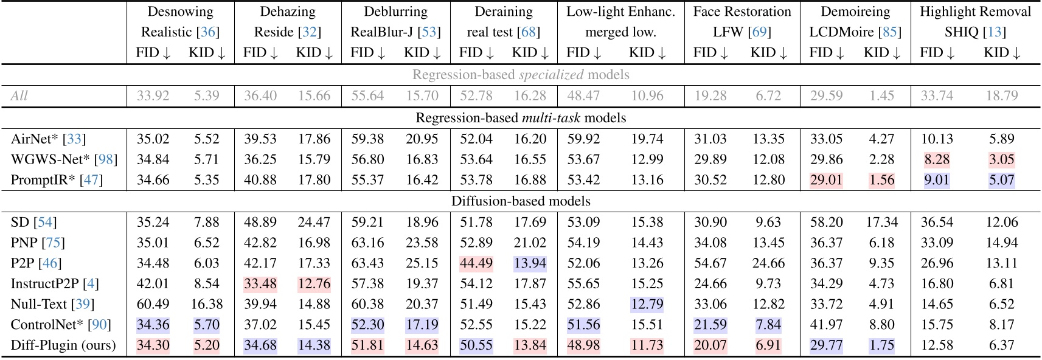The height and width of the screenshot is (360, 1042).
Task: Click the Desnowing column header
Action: tap(181, 12)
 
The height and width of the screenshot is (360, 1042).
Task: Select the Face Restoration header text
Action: tap(742, 12)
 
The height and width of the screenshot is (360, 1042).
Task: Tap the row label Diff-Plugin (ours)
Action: tap(63, 345)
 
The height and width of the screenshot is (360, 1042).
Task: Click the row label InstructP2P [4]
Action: tap(55, 283)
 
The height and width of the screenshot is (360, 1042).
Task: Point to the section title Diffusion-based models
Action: tap(521, 201)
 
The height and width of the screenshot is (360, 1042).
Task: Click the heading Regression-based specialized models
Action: tap(521, 75)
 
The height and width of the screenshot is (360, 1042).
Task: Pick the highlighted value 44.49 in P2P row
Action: tap(476, 263)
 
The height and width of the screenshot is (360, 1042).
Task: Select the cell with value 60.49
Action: tap(153, 304)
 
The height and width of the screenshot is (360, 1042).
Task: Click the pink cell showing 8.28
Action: tap(937, 159)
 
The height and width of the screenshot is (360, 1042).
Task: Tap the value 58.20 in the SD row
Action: tap(826, 222)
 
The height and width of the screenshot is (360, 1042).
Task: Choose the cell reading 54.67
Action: tap(710, 263)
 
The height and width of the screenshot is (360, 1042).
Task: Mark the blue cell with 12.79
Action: tap(647, 304)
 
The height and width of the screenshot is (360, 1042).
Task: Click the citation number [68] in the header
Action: tap(530, 32)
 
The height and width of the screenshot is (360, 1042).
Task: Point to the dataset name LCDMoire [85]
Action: tap(855, 32)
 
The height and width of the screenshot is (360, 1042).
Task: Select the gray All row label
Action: tap(19, 96)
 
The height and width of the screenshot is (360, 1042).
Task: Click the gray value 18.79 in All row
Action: tap(1001, 96)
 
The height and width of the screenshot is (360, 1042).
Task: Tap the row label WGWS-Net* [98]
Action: tap(64, 159)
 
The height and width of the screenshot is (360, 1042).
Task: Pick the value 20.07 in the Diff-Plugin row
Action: tap(710, 345)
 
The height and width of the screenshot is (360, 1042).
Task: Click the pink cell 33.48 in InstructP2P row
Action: tap(260, 283)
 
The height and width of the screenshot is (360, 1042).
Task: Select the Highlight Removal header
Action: tap(975, 12)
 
